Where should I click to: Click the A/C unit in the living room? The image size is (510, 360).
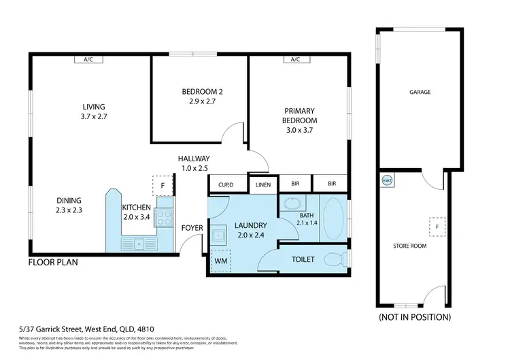(88, 60)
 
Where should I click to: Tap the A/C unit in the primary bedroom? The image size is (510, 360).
(295, 60)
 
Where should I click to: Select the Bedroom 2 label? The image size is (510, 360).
(199, 96)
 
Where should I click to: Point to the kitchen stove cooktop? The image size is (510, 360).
(165, 217)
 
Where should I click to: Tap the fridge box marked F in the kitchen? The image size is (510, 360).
(163, 186)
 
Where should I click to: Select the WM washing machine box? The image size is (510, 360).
(221, 260)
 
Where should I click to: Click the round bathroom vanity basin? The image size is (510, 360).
(293, 204)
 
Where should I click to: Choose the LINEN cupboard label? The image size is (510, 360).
(263, 184)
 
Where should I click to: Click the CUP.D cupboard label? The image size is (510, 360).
(226, 184)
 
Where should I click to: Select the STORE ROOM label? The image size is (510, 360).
(410, 246)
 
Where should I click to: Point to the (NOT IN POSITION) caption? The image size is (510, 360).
(414, 317)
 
